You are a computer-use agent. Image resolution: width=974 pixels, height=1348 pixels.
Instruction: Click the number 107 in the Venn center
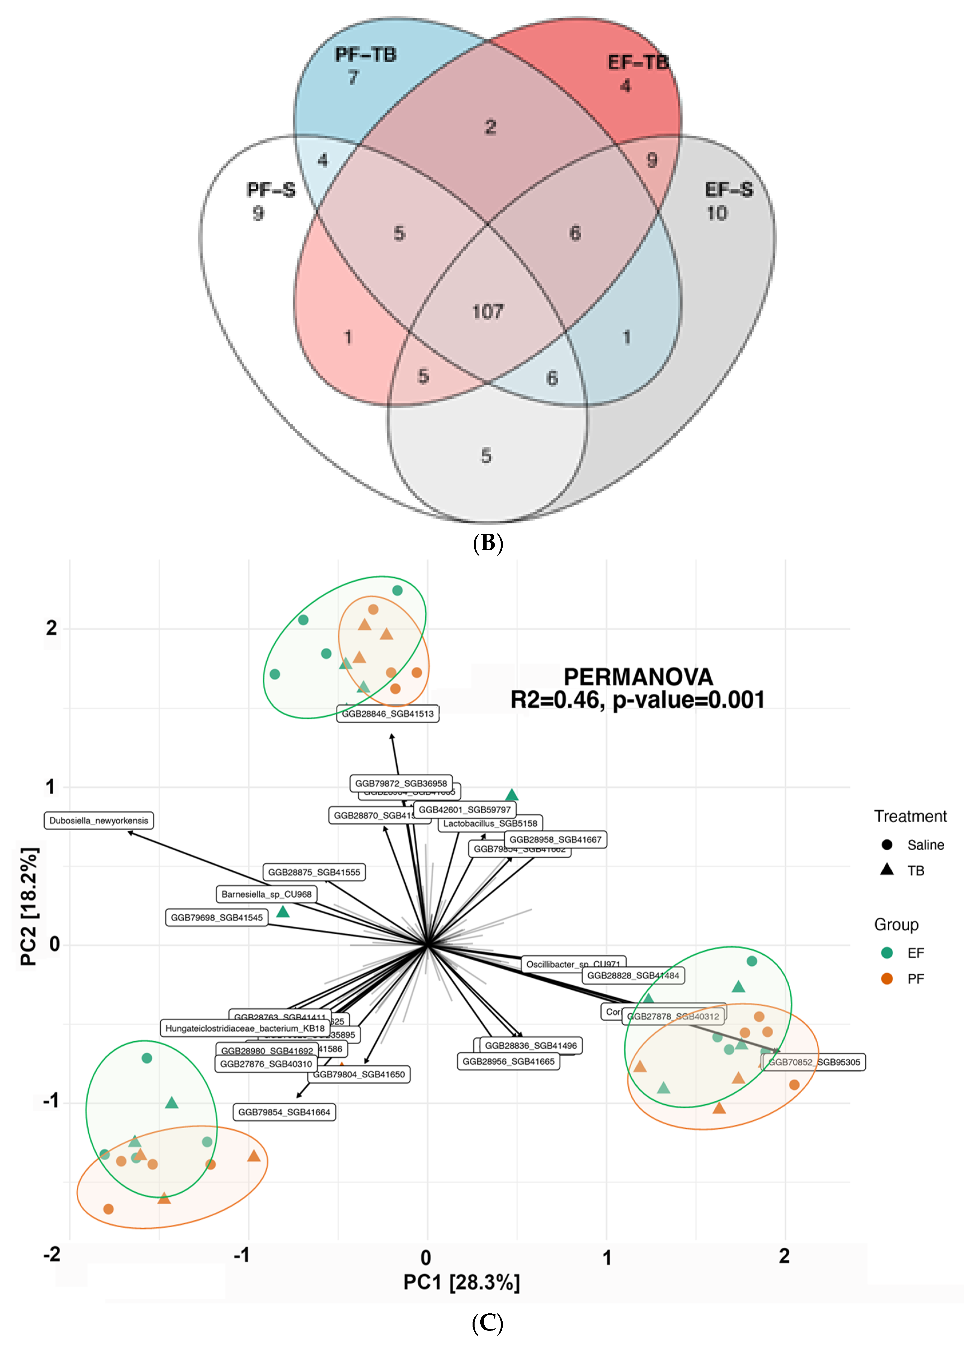pyautogui.click(x=487, y=311)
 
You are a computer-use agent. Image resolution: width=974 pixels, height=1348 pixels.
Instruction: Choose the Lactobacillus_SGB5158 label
pyautogui.click(x=490, y=823)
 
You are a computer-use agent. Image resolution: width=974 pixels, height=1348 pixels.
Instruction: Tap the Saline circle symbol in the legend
pyautogui.click(x=887, y=845)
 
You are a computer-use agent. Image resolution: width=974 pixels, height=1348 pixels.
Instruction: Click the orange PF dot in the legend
pyautogui.click(x=887, y=978)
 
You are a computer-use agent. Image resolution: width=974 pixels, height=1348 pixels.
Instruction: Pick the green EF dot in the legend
pyautogui.click(x=887, y=953)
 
